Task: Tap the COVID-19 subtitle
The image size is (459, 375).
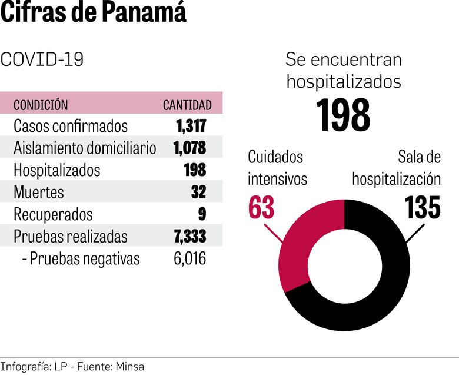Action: point(42,59)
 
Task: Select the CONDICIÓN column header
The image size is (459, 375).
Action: point(41,105)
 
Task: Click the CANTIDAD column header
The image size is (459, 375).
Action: point(187,105)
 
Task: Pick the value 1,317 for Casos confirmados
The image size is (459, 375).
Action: point(191,126)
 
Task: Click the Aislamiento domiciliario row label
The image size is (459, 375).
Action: point(85,148)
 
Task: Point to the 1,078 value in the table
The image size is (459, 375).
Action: point(189,148)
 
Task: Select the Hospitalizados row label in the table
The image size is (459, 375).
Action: point(56,170)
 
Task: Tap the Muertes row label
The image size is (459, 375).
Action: point(38,192)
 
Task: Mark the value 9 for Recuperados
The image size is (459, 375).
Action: point(202,214)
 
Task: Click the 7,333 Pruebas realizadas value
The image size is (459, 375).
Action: point(189,236)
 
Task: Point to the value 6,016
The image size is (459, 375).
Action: point(189,258)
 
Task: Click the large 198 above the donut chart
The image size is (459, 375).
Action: point(344,115)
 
